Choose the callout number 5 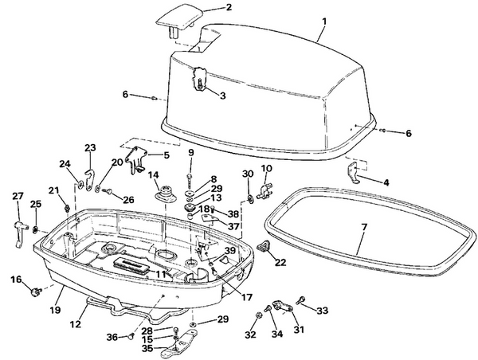(166, 155)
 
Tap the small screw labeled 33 (301, 300)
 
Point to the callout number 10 (266, 168)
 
